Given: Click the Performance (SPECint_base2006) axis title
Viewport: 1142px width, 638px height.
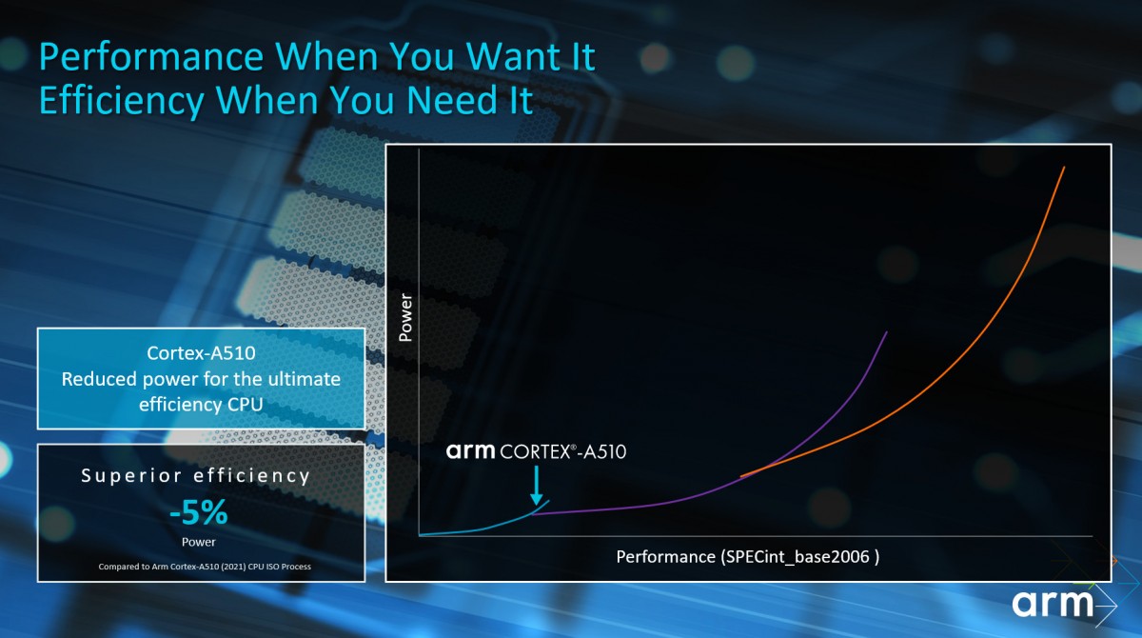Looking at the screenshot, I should click(747, 556).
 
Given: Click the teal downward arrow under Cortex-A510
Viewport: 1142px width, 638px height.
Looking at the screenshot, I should click(537, 486).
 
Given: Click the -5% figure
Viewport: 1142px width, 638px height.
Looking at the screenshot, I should click(199, 513).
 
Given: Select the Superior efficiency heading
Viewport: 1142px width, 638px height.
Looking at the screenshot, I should click(196, 475).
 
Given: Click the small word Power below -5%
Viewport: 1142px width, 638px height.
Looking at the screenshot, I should click(199, 542).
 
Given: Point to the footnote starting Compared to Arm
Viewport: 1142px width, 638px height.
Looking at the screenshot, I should click(205, 567).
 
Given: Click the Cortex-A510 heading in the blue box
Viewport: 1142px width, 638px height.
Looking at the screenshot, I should click(201, 353).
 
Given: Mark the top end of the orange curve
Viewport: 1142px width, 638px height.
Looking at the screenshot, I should click(1063, 168).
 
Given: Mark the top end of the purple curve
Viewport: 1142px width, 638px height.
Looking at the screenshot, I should click(887, 332).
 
